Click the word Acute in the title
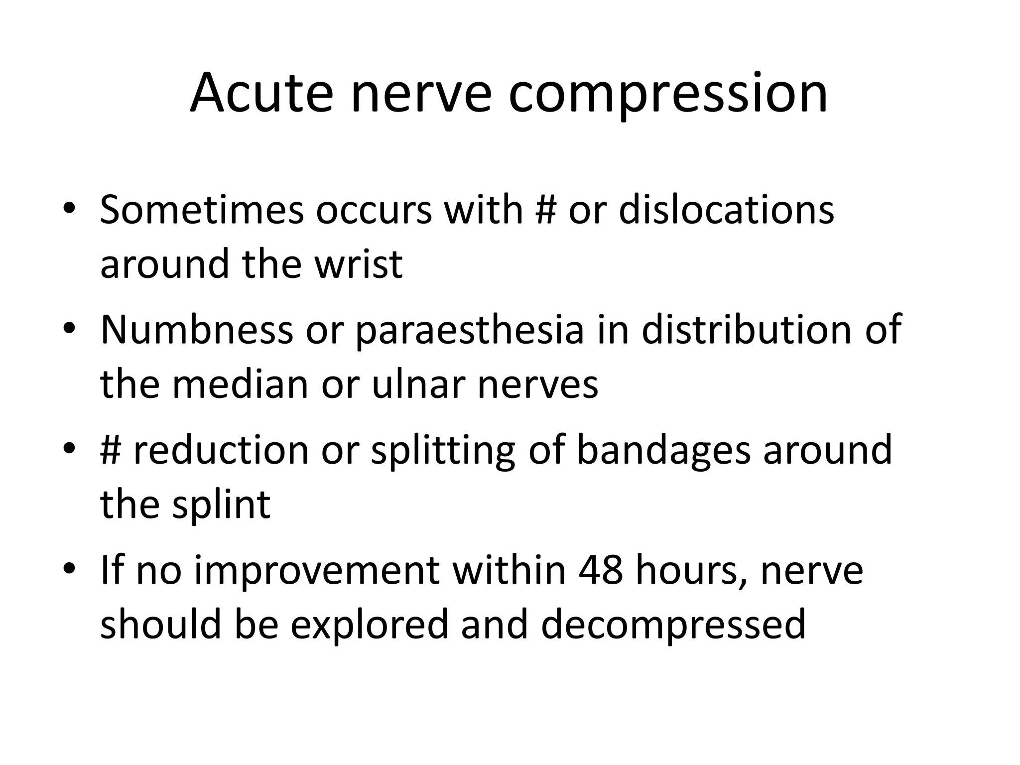261,94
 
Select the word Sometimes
202,210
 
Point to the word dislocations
727,210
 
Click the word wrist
358,264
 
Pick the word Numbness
197,330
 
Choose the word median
241,384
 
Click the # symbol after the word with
546,210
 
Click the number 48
601,571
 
